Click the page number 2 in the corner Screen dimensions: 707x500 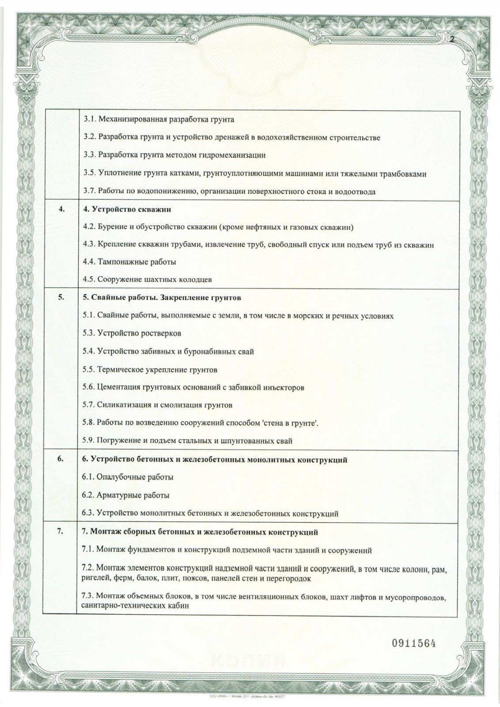(452, 39)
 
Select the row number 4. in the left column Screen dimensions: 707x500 (61, 209)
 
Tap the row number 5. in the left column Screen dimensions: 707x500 (61, 297)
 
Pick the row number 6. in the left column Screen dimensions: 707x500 (61, 460)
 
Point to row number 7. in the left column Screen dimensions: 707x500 (61, 532)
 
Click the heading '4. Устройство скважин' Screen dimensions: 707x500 (127, 209)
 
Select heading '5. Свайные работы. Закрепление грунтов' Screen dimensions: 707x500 (162, 297)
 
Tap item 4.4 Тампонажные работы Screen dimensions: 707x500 (129, 262)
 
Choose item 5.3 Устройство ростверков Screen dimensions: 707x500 (132, 333)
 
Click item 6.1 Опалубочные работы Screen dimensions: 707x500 (128, 477)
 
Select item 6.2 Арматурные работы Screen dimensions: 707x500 (126, 495)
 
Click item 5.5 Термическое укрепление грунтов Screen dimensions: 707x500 (150, 369)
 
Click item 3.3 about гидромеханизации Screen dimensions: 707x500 (174, 155)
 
